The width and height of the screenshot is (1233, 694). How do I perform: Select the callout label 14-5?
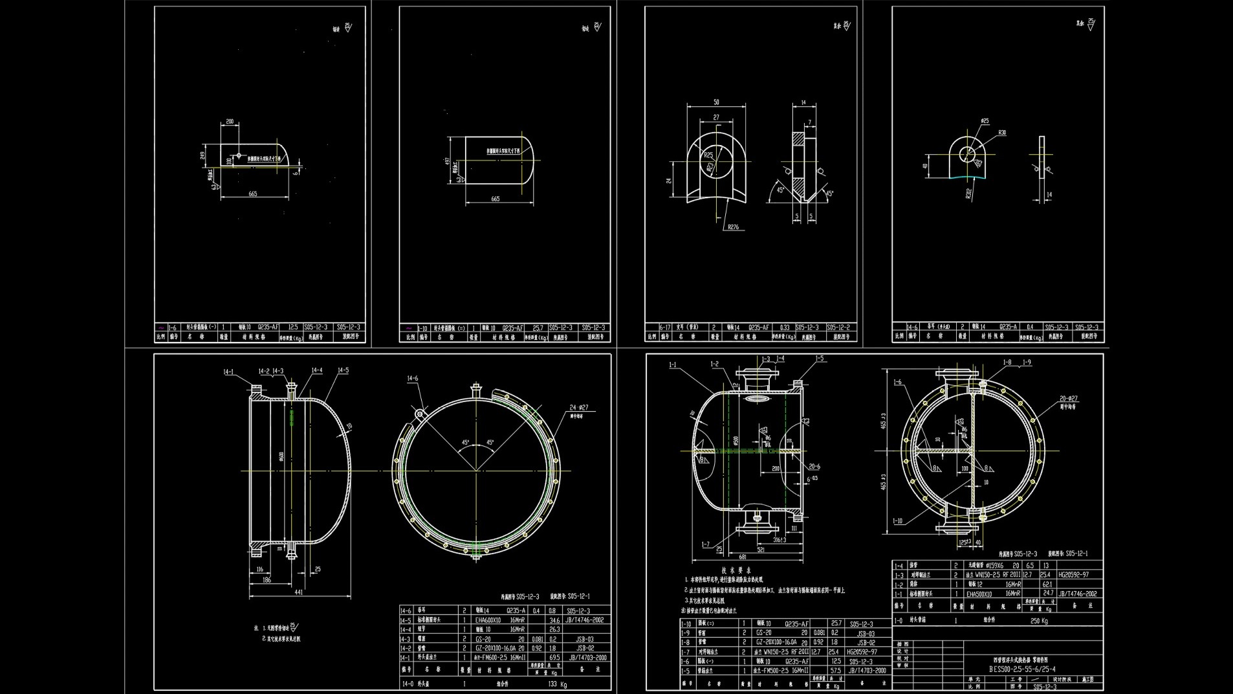[x=342, y=370]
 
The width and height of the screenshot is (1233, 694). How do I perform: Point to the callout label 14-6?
[x=413, y=378]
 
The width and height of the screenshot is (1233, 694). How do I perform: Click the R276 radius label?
[x=733, y=227]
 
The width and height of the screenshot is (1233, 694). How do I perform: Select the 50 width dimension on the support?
[x=716, y=102]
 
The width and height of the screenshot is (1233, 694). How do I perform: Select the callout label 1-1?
[x=672, y=365]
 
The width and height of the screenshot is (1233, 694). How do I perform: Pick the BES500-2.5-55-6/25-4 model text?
[x=1022, y=669]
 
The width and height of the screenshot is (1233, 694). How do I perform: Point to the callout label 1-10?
[x=897, y=520]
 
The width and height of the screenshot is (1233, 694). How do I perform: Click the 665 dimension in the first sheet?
[x=252, y=194]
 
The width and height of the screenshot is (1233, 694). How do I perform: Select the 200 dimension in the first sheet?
[x=230, y=121]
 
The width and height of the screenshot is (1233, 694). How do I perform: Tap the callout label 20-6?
[x=814, y=466]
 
